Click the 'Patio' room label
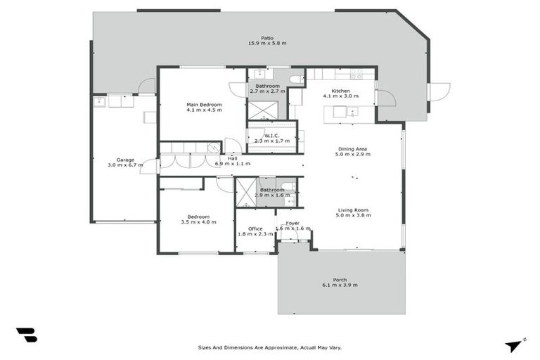pyautogui.click(x=267, y=38)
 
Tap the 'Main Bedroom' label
pyautogui.click(x=204, y=105)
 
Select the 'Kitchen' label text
pyautogui.click(x=341, y=91)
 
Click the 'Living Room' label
pyautogui.click(x=353, y=210)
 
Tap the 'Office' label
pyautogui.click(x=255, y=229)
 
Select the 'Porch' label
pyautogui.click(x=340, y=280)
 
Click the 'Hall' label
pyautogui.click(x=232, y=158)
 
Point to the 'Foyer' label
pyautogui.click(x=292, y=223)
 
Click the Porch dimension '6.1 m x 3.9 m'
pyautogui.click(x=340, y=285)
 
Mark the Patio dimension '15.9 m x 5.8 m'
pyautogui.click(x=267, y=44)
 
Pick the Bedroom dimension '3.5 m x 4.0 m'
pyautogui.click(x=198, y=222)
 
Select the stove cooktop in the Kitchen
pyautogui.click(x=356, y=72)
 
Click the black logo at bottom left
pyautogui.click(x=26, y=335)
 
